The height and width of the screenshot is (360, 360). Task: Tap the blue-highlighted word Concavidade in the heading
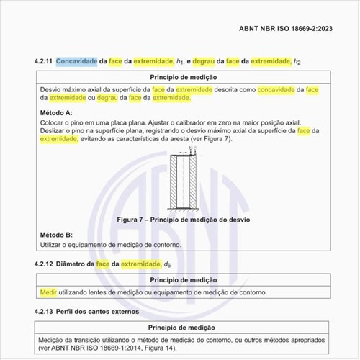pyautogui.click(x=76, y=62)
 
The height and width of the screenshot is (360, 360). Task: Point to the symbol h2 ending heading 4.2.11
pyautogui.click(x=296, y=63)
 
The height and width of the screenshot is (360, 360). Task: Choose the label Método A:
pyautogui.click(x=56, y=113)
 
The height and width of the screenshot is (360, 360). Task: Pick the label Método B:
pyautogui.click(x=56, y=235)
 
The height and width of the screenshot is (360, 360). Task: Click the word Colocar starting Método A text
pyautogui.click(x=53, y=122)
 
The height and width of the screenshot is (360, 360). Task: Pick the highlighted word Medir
pyautogui.click(x=48, y=292)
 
